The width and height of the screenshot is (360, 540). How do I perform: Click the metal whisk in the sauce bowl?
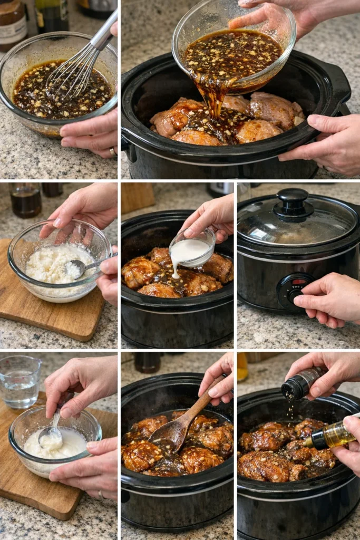[x=79, y=66]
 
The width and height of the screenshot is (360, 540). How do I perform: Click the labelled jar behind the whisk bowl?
[x=12, y=24]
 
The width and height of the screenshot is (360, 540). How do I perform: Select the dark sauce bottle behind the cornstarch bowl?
[x=25, y=200]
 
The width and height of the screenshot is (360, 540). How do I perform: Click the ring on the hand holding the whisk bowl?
[x=112, y=152]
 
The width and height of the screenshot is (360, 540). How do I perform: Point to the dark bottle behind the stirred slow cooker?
[x=147, y=362]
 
